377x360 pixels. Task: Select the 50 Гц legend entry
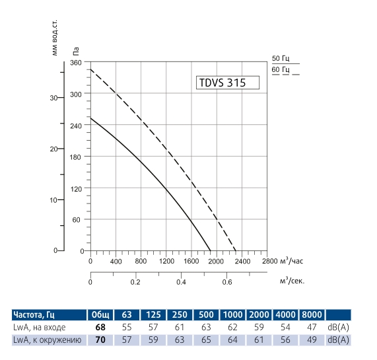click(x=281, y=59)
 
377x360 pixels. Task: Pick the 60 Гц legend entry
click(x=281, y=70)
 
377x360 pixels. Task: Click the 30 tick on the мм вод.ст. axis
click(x=53, y=97)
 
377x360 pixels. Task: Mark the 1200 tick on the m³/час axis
click(x=166, y=261)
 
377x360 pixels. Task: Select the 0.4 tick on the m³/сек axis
click(x=180, y=282)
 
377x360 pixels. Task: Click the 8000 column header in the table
click(x=312, y=314)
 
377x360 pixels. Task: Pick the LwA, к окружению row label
click(x=46, y=340)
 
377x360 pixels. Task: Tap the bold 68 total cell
click(x=101, y=327)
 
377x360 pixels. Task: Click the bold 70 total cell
click(x=101, y=340)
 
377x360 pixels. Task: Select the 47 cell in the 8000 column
click(x=312, y=327)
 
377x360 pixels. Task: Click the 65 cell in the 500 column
click(x=206, y=340)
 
